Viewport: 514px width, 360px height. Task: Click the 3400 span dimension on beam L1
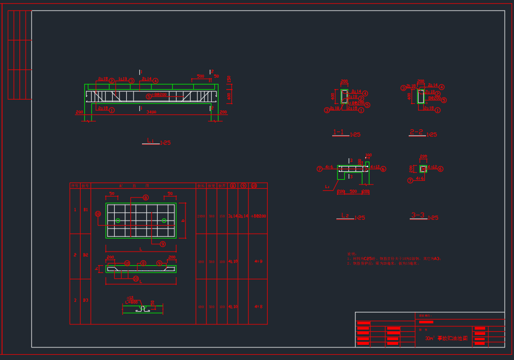pos(151,112)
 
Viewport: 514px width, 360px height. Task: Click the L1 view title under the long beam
pos(150,141)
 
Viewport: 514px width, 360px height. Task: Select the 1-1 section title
pos(339,133)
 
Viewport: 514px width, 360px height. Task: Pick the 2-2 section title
pos(417,132)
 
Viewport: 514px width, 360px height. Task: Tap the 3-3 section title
pos(418,215)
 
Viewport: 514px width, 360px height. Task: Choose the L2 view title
pos(345,215)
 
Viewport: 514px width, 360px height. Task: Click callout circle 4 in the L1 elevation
pos(156,81)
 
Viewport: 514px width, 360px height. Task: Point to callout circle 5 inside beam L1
pos(148,96)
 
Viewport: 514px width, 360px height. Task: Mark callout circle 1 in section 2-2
pos(438,110)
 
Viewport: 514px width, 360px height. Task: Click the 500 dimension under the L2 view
pos(353,191)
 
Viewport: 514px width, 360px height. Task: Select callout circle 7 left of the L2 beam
pos(319,169)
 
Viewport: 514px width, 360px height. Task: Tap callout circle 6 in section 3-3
pos(440,169)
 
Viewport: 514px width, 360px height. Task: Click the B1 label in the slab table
pos(85,210)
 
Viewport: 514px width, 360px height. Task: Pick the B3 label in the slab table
pos(85,300)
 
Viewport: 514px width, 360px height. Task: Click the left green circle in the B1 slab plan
pos(118,221)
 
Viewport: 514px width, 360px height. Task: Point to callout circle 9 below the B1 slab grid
pos(162,244)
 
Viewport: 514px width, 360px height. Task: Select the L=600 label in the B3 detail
pos(132,302)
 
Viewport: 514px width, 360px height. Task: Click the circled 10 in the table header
pos(254,186)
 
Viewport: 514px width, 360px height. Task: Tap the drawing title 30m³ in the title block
pos(430,339)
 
